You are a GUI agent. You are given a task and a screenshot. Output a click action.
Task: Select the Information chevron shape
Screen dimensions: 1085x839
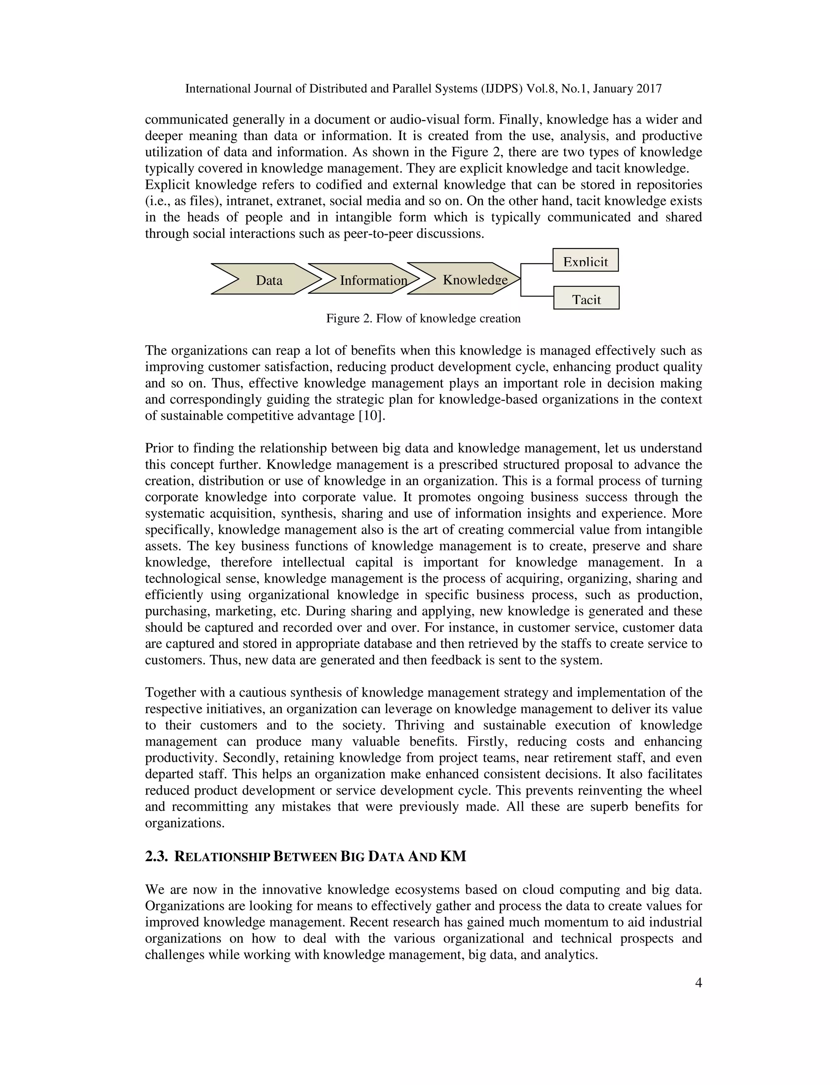[x=365, y=279]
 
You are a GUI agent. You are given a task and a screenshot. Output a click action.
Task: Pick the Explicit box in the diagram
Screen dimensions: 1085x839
[x=585, y=260]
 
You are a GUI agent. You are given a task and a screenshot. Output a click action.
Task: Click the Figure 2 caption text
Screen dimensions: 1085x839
[x=423, y=319]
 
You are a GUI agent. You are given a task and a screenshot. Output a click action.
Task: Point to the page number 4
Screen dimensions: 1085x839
[x=698, y=983]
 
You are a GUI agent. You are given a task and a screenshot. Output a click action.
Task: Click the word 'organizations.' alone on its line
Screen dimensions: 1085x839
[x=185, y=823]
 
